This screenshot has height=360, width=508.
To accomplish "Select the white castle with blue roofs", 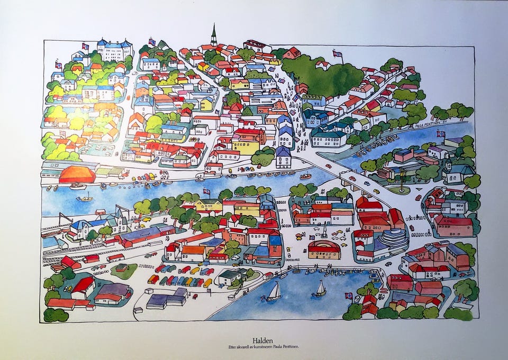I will coord(114,50).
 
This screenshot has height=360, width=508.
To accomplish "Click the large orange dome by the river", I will coord(77,174).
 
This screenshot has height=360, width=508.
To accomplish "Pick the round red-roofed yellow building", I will coord(324,249).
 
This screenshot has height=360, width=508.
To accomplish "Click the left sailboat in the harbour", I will coord(274,292).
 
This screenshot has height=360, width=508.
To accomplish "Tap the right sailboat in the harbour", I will coord(320,289).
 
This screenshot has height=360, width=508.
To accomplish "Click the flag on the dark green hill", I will coord(337,53).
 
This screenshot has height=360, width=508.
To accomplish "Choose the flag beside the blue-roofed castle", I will coord(85,46).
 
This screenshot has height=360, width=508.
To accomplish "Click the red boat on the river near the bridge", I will coord(306,176).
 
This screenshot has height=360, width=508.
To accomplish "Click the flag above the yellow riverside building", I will coord(206,191).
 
